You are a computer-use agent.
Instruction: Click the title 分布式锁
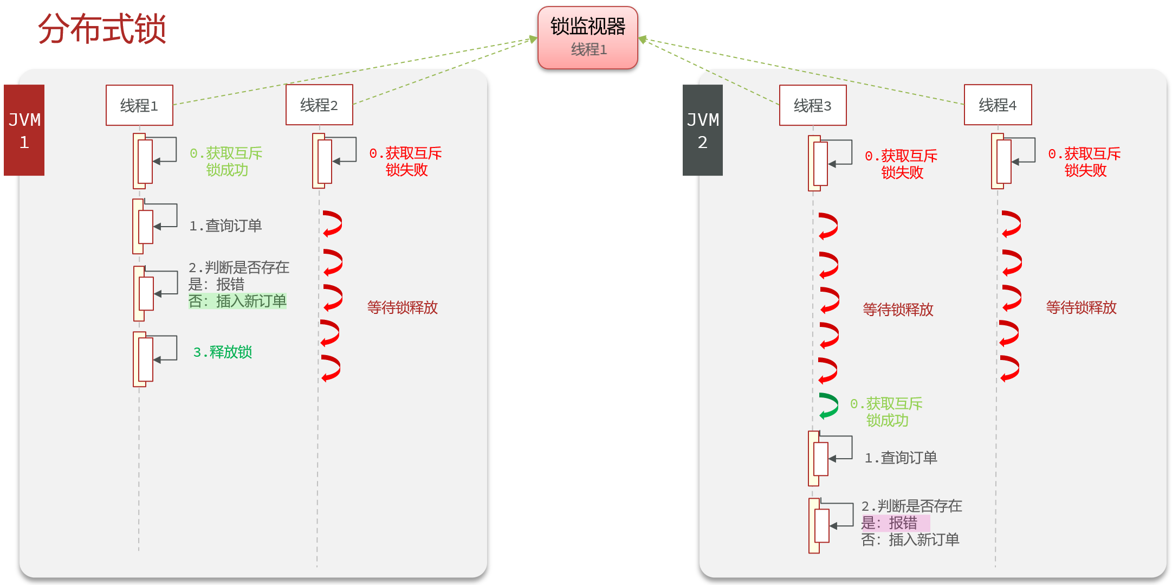(x=102, y=29)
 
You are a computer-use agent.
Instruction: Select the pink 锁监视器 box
(x=588, y=37)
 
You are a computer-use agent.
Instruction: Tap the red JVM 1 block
(x=24, y=130)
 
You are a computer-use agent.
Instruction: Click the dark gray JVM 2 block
(x=703, y=130)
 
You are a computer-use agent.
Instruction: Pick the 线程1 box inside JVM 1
(x=139, y=105)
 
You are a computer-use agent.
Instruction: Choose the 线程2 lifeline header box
(x=319, y=105)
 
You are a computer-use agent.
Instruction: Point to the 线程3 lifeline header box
(x=813, y=105)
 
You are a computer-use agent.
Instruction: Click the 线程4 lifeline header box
(x=998, y=105)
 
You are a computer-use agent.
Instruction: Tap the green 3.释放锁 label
(x=223, y=352)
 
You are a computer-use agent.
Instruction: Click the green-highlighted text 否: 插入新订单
(x=237, y=301)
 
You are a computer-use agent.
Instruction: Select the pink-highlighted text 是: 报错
(x=895, y=523)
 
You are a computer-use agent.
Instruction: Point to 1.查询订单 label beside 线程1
(x=225, y=226)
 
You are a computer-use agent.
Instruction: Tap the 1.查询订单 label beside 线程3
(x=901, y=458)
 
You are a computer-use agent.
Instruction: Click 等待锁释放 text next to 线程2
(x=403, y=307)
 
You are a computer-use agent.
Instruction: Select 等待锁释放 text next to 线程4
(x=1082, y=307)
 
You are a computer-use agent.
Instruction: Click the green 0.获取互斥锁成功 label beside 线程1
(x=226, y=162)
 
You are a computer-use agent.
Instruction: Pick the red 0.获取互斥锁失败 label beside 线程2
(x=406, y=162)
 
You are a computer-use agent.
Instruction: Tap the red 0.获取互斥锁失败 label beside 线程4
(x=1085, y=162)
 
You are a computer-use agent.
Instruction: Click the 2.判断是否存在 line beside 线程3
(x=912, y=506)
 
